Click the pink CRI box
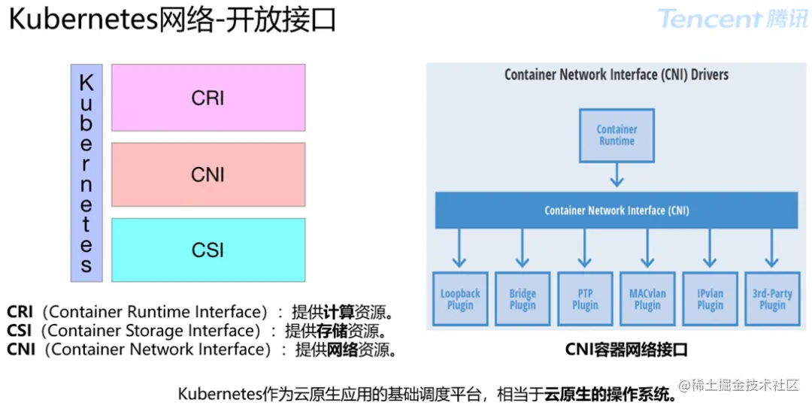208,98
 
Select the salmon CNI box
208,174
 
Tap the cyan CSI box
208,250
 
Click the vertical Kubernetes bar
86,173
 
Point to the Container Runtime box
617,135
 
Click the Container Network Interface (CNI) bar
617,211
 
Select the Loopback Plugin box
460,298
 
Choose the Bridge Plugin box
523,298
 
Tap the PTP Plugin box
585,298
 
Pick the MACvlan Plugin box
647,298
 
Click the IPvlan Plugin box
710,298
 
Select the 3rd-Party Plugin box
772,298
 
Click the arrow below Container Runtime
617,176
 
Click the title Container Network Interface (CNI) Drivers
617,74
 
